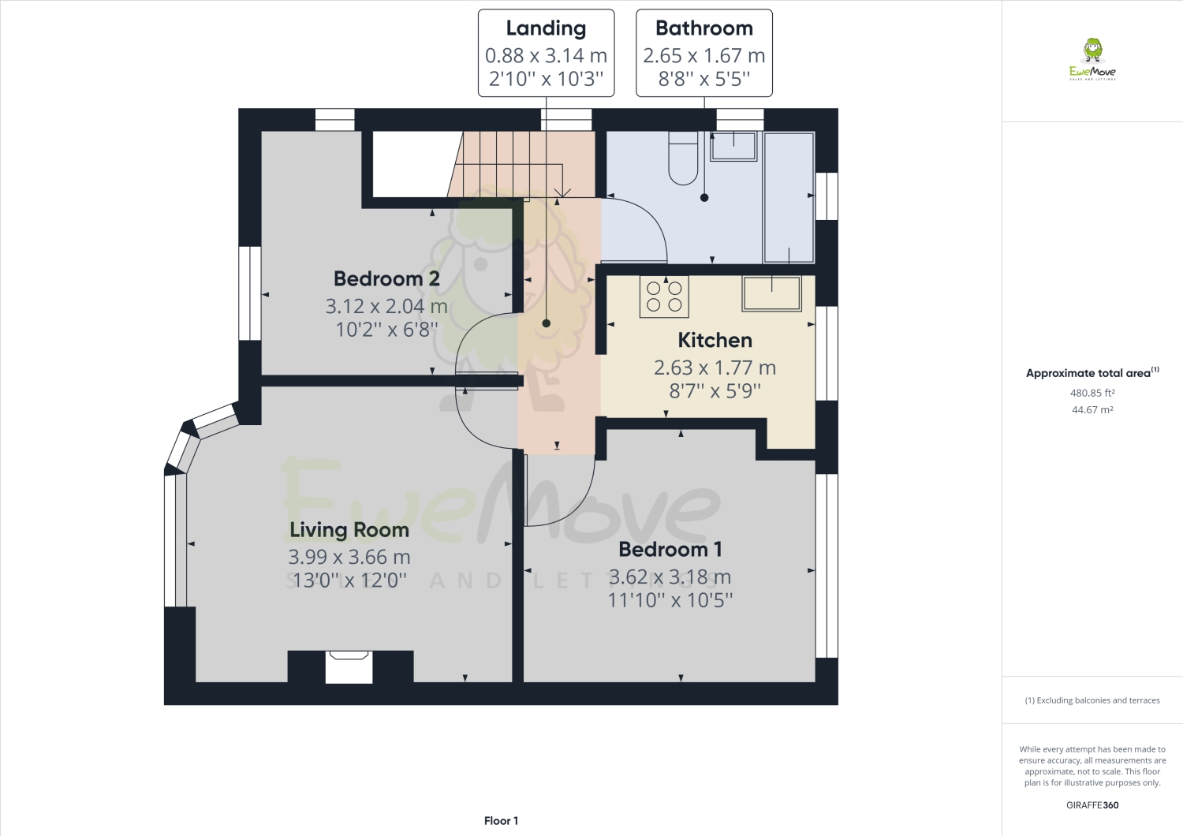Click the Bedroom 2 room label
coord(386,279)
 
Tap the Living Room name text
coord(349,530)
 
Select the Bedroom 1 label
coord(670,549)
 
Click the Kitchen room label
coord(715,340)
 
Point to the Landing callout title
coord(546,28)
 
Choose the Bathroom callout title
coord(704,28)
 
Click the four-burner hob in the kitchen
coord(664,297)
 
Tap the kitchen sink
coord(771,293)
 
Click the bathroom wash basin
coord(733,146)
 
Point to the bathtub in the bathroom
coord(789,197)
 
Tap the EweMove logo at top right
coord(1092,60)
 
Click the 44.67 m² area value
coord(1092,410)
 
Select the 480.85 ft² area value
coord(1092,393)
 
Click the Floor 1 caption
coord(501,821)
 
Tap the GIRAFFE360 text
coord(1092,805)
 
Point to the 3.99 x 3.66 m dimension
coord(349,557)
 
